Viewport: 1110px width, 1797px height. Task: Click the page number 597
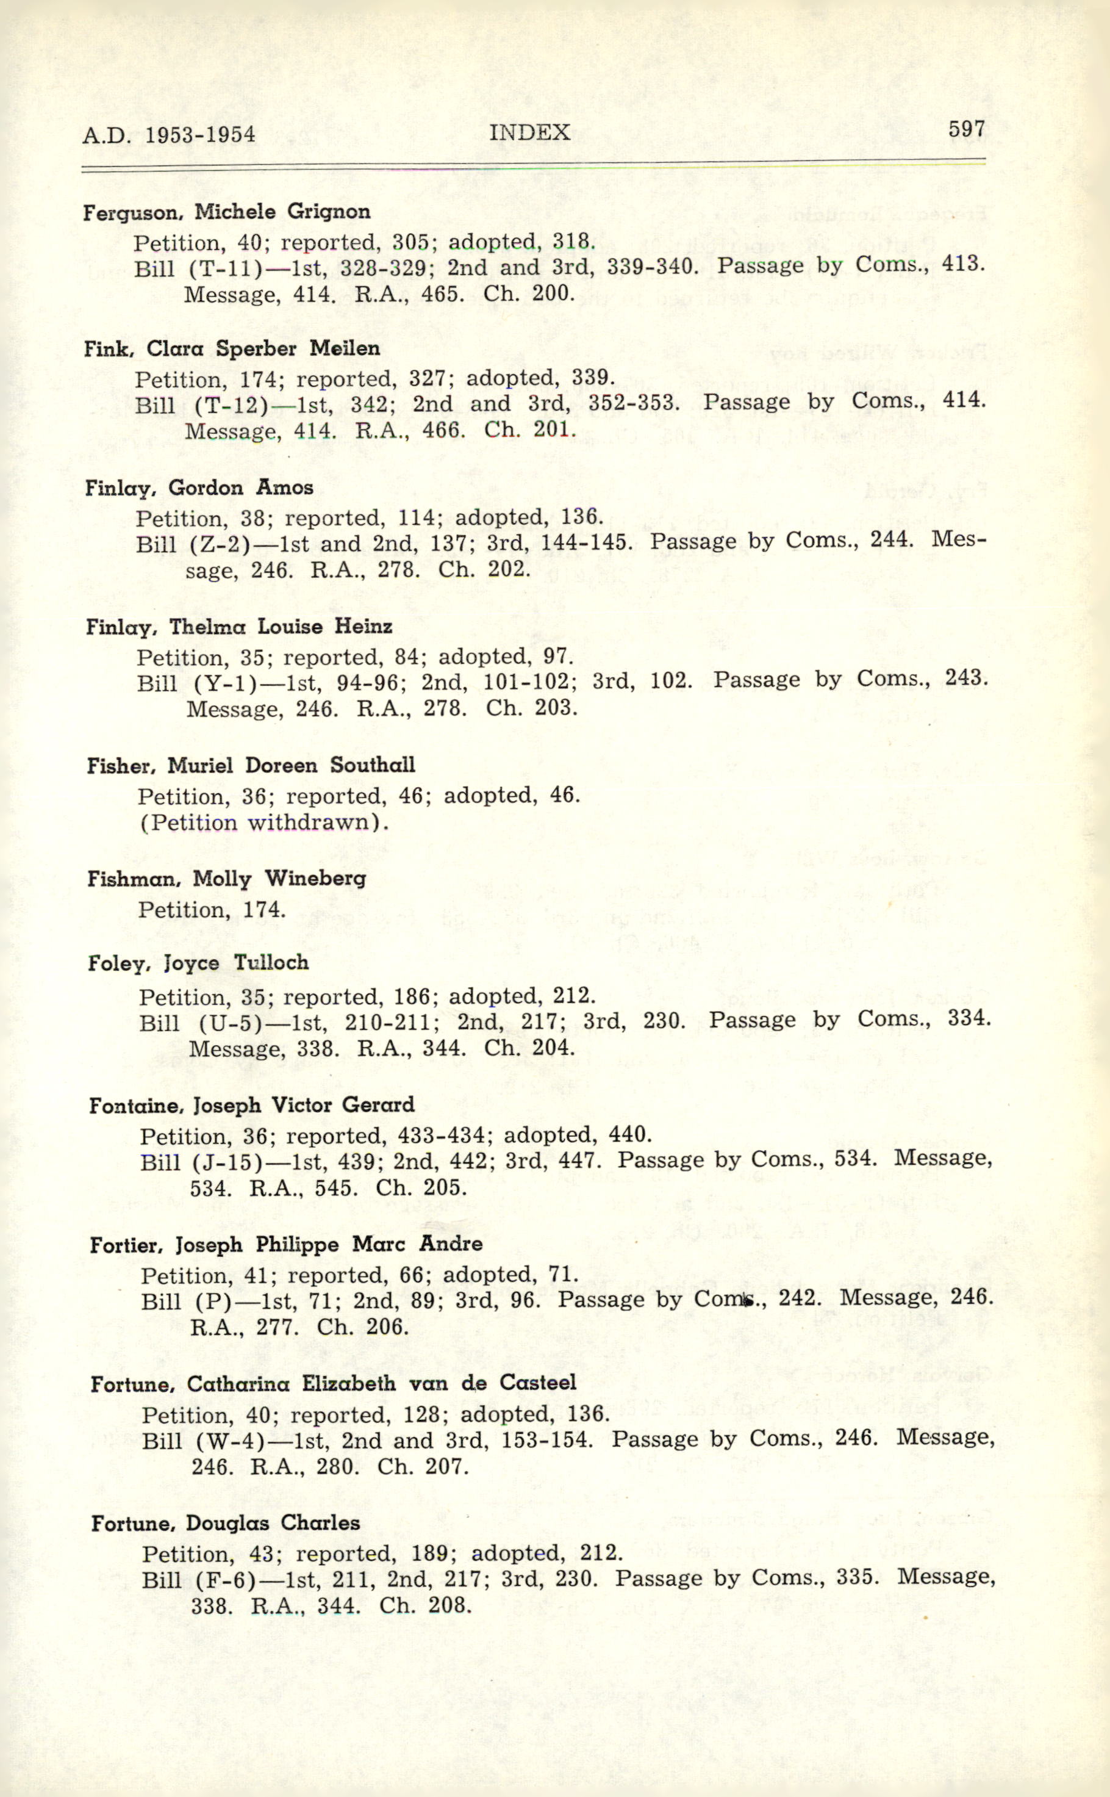tap(965, 129)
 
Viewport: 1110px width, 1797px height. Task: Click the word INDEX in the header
tap(529, 132)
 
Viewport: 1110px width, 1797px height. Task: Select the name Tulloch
tap(271, 962)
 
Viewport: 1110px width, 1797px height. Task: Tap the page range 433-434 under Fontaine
tap(441, 1136)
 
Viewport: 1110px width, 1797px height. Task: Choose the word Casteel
tap(537, 1383)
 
